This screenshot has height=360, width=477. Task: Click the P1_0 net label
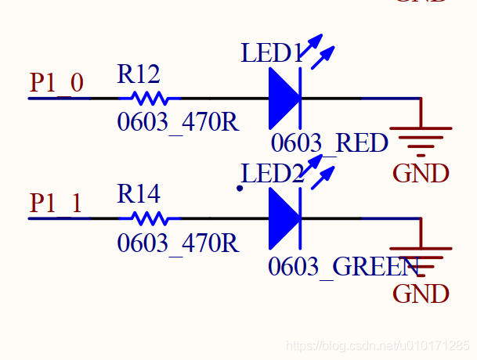56,83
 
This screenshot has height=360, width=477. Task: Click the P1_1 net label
56,203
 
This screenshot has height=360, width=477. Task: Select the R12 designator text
139,74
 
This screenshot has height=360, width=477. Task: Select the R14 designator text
139,194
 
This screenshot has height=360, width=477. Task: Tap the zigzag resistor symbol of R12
149,99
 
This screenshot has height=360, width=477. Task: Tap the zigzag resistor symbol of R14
149,218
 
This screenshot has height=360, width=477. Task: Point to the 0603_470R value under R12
178,123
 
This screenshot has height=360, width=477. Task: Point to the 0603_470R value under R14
178,243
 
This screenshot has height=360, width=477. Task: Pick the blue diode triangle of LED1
284,99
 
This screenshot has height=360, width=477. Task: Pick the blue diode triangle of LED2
284,218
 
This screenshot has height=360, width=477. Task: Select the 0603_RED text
330,143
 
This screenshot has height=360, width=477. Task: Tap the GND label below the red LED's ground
421,173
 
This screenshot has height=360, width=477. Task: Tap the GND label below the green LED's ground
421,294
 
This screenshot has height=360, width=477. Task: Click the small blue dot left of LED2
240,188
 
